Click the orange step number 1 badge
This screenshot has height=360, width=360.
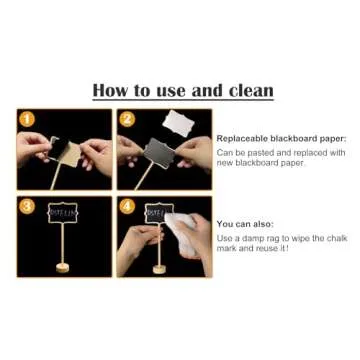coord(27,119)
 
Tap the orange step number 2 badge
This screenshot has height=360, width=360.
coord(127,119)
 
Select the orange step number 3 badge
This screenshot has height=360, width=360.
coord(27,205)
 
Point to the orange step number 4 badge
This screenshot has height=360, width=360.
coord(127,205)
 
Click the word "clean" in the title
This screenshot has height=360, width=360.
coord(248,90)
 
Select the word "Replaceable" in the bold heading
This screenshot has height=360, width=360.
coord(240,138)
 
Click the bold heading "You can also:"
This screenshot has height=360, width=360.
coord(245,224)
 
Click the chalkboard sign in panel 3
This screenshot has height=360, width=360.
coord(61,213)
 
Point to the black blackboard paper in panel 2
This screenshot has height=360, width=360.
coord(160,152)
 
